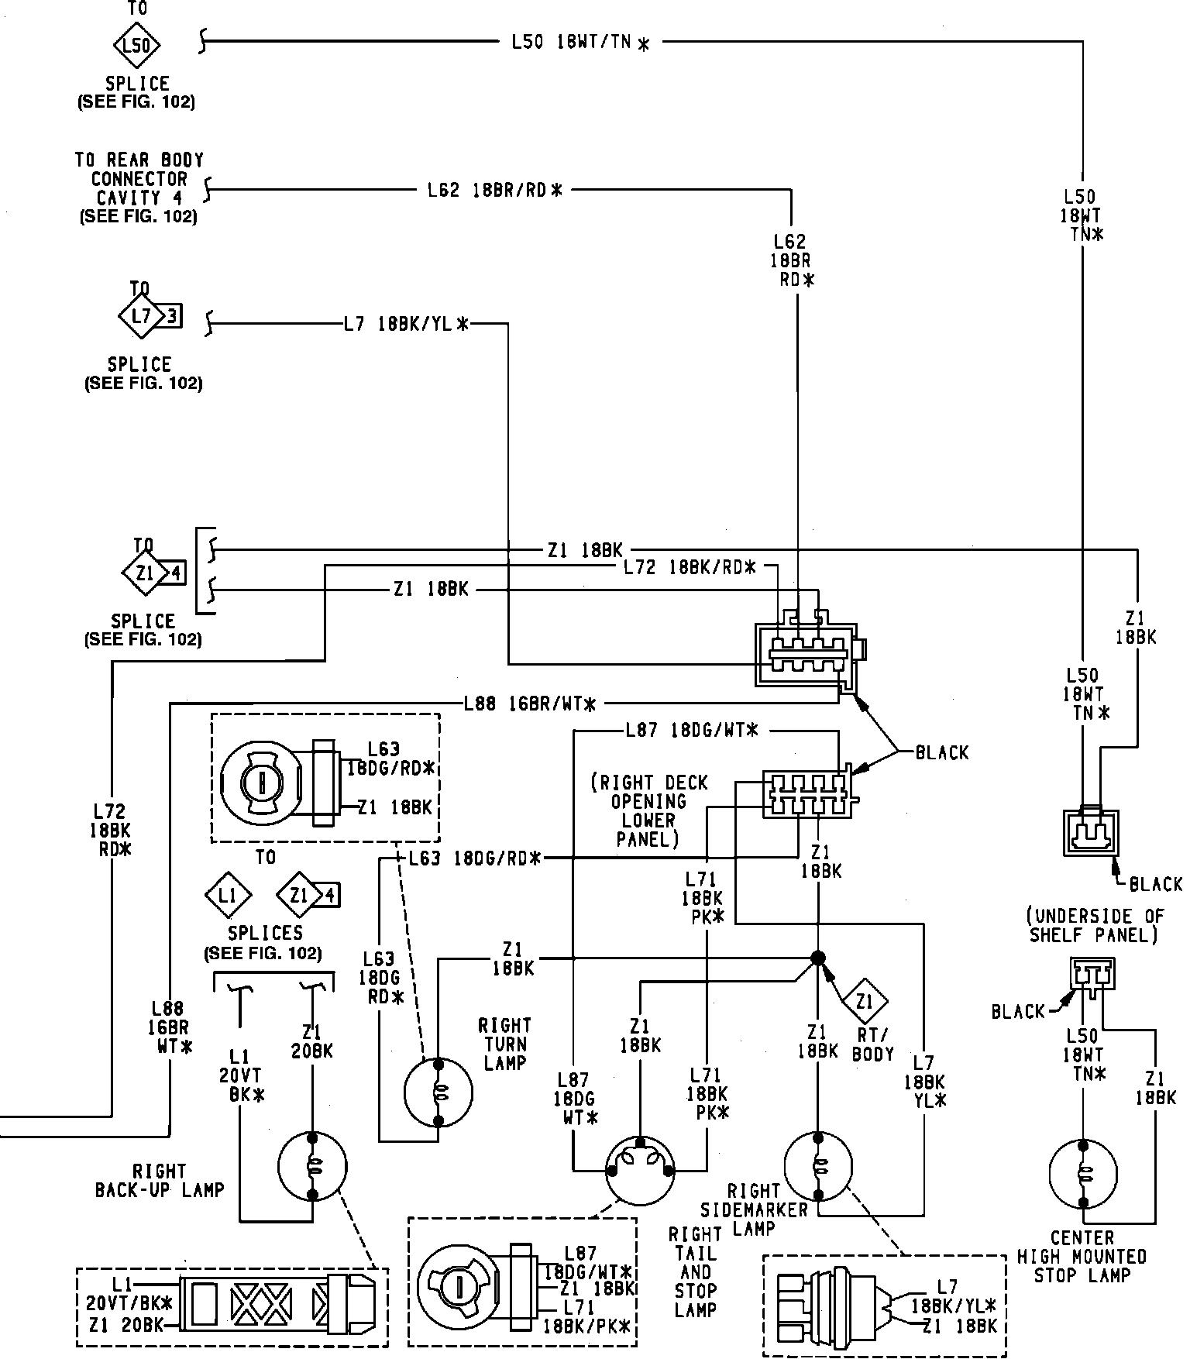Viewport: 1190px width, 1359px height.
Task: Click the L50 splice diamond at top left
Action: (136, 45)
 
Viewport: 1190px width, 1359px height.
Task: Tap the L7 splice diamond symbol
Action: (140, 316)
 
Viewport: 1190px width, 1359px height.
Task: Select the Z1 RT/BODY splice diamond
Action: (865, 1003)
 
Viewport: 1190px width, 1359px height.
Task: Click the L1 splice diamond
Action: (227, 896)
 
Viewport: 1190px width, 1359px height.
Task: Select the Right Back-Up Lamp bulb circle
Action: (312, 1167)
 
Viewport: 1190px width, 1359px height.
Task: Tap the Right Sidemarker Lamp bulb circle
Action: (817, 1165)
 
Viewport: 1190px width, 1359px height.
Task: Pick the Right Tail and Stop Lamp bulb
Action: (640, 1171)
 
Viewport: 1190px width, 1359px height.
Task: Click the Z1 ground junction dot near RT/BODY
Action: (817, 958)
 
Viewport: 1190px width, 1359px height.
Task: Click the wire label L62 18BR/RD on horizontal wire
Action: (494, 189)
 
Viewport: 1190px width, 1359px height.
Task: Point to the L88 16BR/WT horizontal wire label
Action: (530, 704)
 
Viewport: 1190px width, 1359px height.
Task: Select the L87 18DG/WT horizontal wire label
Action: (691, 730)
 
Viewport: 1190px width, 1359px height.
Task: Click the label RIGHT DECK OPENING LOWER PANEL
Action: (648, 810)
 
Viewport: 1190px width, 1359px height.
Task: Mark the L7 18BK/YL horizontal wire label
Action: (407, 325)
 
